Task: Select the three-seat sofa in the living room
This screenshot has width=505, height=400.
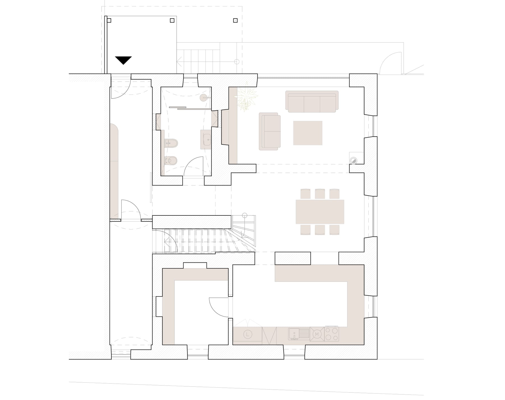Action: [312, 102]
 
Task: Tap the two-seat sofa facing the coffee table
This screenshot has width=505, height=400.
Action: [270, 132]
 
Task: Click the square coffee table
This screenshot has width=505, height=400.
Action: [307, 133]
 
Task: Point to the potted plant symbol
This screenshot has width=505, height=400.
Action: [246, 97]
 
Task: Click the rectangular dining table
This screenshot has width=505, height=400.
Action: [320, 212]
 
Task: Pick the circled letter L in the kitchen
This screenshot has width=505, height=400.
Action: [247, 334]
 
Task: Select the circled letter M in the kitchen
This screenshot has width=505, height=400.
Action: [317, 334]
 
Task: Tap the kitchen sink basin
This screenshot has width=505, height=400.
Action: [294, 334]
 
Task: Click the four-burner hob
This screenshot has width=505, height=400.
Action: [332, 334]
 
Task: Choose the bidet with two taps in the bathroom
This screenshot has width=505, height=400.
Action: [171, 143]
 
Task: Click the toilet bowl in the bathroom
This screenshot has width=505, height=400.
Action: [171, 161]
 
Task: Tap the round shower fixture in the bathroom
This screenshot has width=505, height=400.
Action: [203, 98]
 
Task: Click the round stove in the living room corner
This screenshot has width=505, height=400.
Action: [353, 161]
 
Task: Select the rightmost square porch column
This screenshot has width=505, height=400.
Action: [235, 20]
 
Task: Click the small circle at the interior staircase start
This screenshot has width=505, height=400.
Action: [245, 215]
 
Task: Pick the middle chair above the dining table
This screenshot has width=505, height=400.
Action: [320, 194]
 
